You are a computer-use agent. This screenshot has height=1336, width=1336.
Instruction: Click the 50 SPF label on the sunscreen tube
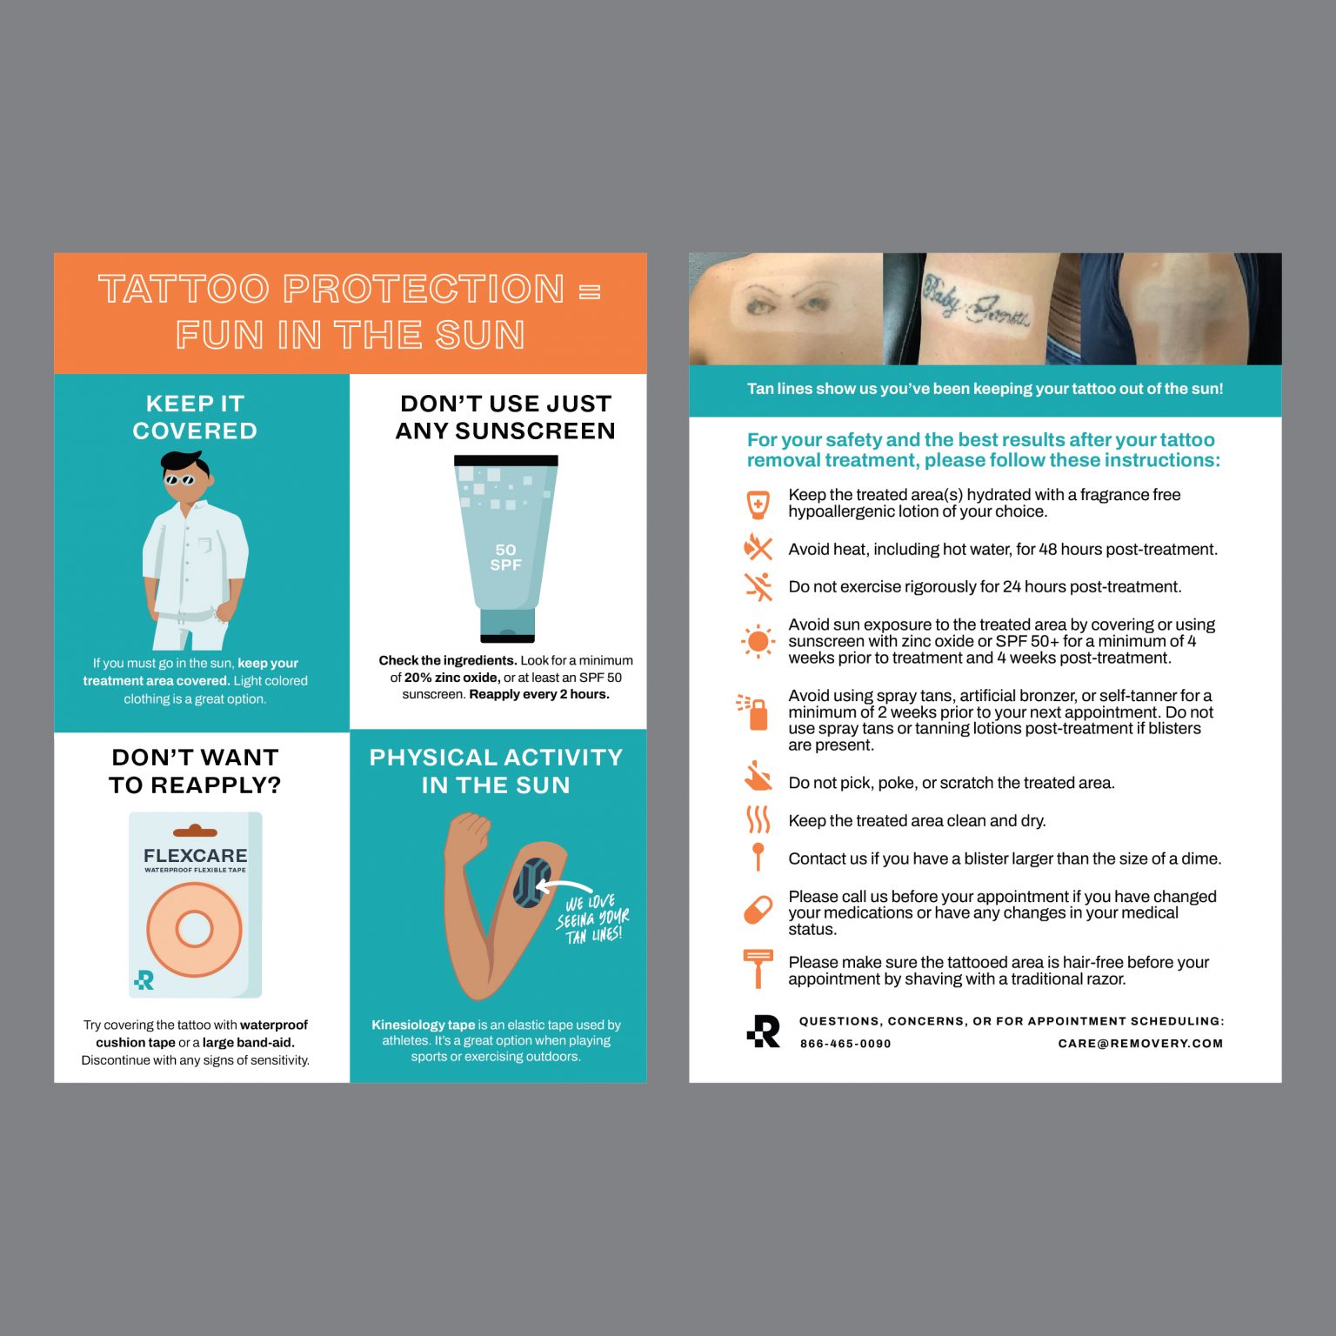click(505, 558)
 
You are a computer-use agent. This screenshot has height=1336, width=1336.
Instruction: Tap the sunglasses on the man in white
click(180, 479)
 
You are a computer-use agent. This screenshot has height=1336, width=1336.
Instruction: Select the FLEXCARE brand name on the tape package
click(196, 856)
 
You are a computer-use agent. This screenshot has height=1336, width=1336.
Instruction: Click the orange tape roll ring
click(194, 928)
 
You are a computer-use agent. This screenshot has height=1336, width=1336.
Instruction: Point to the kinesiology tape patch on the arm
click(531, 882)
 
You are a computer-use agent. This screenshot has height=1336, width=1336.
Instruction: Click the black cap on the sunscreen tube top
click(505, 460)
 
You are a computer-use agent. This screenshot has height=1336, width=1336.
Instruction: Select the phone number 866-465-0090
click(845, 1044)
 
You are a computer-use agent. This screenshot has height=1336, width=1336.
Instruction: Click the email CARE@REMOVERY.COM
click(1140, 1044)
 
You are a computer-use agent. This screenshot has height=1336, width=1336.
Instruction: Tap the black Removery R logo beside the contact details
click(764, 1032)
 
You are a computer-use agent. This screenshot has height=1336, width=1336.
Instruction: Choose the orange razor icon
click(758, 967)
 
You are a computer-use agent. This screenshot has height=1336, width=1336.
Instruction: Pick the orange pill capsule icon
click(758, 910)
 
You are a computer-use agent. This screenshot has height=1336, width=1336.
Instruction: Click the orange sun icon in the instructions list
click(758, 642)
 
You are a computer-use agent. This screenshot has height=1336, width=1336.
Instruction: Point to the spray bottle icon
click(754, 712)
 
